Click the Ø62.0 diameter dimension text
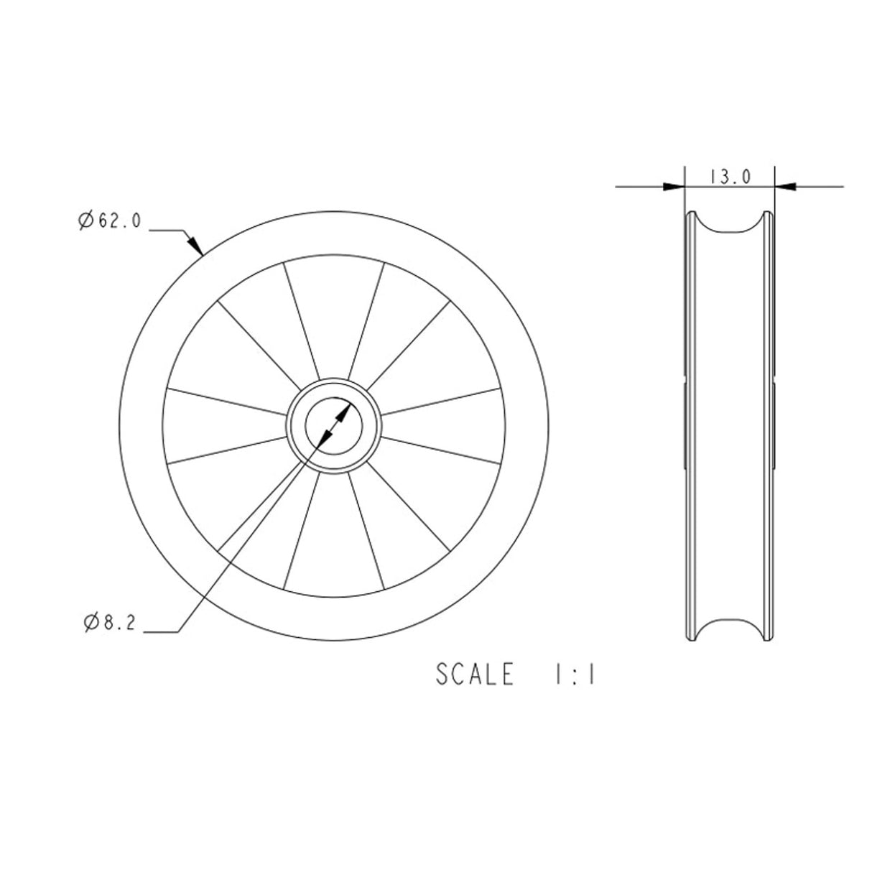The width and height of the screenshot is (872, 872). point(109,221)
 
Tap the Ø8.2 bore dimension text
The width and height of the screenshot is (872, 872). point(109,623)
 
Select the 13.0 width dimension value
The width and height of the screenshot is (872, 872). point(730,177)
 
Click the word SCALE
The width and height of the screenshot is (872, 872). point(475,674)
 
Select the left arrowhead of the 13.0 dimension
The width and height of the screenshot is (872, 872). point(674,187)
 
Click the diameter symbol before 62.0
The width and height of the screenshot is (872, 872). point(85,221)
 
